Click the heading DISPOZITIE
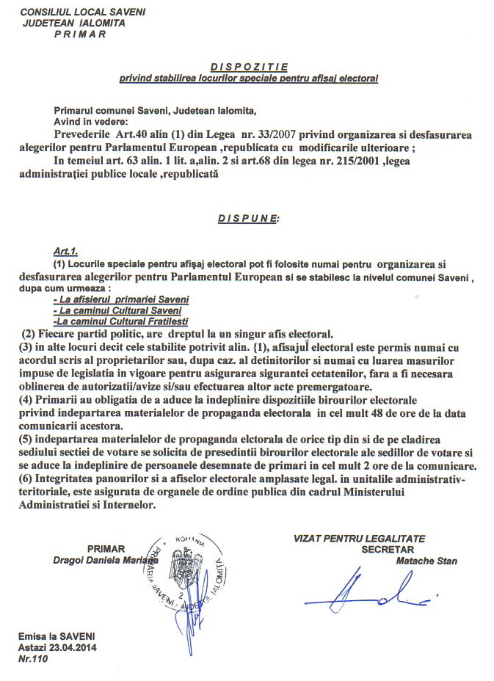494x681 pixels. [247, 66]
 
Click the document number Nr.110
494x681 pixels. [33, 659]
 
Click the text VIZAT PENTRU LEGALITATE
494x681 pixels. [359, 539]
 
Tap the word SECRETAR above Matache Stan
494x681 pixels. [388, 549]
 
